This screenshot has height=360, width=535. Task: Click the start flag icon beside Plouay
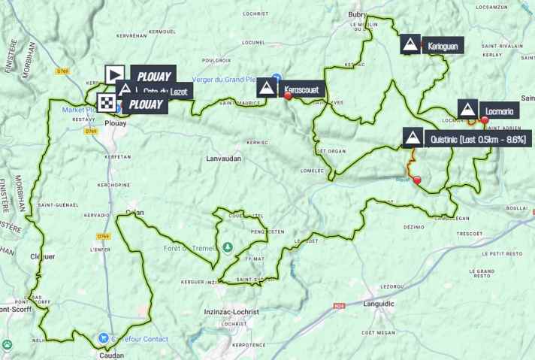click(114, 74)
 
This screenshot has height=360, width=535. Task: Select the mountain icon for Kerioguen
click(410, 45)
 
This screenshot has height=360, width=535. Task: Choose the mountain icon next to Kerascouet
click(266, 89)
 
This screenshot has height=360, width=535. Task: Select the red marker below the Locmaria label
click(484, 119)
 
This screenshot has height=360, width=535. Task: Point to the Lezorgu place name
click(393, 286)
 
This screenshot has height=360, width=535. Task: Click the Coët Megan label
click(379, 331)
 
